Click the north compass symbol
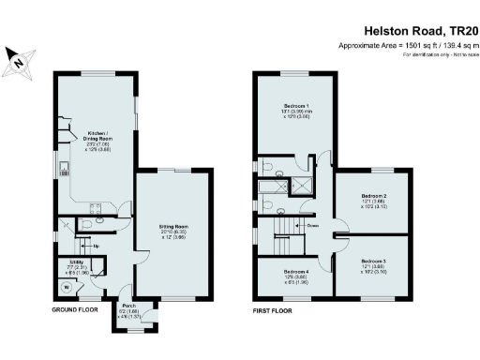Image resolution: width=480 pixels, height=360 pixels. click(18, 61)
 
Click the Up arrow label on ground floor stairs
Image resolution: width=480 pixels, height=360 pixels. click(97, 246)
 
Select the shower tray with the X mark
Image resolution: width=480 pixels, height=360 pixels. click(304, 185)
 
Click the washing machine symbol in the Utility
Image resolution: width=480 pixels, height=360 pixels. click(66, 288)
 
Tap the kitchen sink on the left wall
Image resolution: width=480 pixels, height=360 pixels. click(63, 170)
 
